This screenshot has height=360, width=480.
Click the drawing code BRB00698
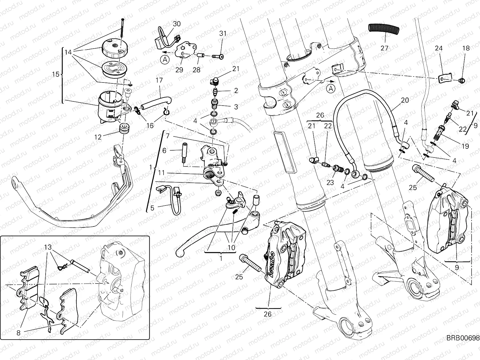click(463, 346)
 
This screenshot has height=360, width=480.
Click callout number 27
click(384, 48)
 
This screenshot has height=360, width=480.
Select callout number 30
click(177, 24)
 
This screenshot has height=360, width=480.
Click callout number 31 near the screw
click(223, 33)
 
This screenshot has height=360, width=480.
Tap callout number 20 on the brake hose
click(405, 100)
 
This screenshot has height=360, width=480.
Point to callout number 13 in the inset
click(47, 247)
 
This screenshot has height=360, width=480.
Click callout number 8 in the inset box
click(19, 333)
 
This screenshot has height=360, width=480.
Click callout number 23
click(330, 182)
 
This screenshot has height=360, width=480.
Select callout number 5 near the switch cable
click(152, 208)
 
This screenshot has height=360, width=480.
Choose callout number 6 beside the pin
click(164, 151)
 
